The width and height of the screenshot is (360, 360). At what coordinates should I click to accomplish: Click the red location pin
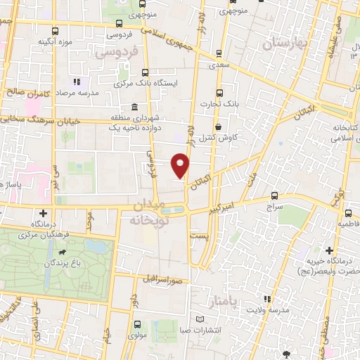click(x=181, y=165)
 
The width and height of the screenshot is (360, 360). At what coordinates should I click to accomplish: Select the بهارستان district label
click(x=285, y=44)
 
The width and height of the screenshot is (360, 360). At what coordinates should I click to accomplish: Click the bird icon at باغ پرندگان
click(x=65, y=252)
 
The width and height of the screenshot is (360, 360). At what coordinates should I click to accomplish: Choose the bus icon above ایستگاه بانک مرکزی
click(x=146, y=72)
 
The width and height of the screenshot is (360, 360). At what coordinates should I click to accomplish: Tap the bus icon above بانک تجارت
click(x=219, y=92)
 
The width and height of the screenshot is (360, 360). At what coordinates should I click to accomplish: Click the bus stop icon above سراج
click(x=274, y=196)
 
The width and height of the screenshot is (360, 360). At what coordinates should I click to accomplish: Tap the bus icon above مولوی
click(x=136, y=325)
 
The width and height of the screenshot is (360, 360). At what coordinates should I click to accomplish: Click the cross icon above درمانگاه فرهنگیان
click(x=44, y=212)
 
